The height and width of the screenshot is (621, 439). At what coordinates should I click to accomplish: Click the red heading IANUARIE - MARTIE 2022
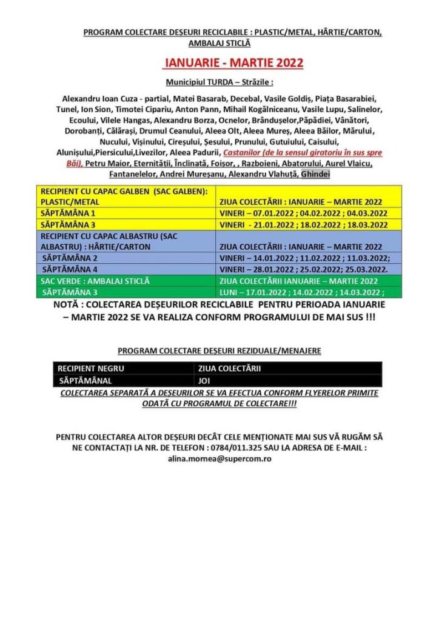[233, 62]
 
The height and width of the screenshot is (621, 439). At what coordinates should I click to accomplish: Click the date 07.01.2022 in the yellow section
[273, 213]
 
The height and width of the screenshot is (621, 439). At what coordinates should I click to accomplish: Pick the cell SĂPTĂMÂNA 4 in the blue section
[70, 267]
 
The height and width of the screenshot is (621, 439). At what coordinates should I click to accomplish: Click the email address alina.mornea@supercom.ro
[219, 459]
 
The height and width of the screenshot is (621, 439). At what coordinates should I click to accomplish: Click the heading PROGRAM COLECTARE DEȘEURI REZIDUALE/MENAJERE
[219, 351]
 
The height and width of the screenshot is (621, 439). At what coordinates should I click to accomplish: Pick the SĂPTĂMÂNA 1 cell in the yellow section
[68, 213]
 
